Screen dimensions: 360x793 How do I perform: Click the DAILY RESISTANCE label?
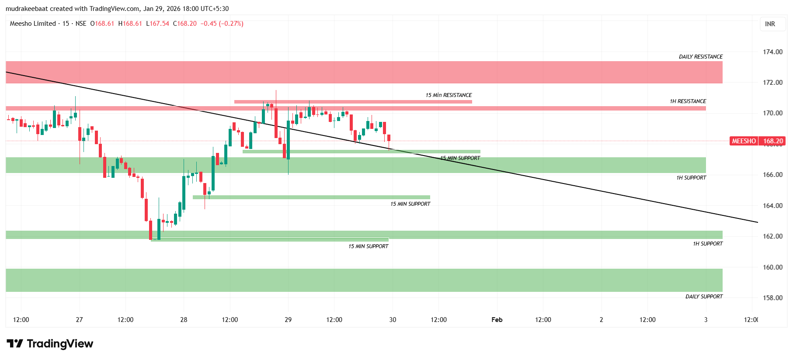pos(700,57)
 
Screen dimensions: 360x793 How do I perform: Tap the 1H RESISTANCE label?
pos(688,101)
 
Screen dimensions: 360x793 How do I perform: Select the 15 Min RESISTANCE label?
pos(449,95)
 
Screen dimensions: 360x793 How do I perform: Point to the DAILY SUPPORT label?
pos(704,297)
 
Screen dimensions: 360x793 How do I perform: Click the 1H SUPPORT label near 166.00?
pos(691,178)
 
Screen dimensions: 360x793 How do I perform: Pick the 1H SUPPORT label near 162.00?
pos(707,244)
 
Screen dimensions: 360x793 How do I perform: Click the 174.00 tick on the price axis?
pos(772,52)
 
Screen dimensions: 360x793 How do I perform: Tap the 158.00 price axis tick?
pos(772,298)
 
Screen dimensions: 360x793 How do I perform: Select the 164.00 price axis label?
pos(772,206)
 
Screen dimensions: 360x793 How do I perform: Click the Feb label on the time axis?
pos(497,320)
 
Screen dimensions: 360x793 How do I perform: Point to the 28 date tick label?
pos(184,320)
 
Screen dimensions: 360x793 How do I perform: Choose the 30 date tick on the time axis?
pos(393,320)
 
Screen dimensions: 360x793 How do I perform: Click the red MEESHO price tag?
pos(757,141)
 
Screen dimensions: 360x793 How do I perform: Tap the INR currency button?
pos(770,24)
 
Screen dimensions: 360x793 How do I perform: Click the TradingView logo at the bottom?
pos(50,344)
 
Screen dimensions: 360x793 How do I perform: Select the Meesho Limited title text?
pos(33,24)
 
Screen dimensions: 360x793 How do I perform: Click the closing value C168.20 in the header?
pos(185,24)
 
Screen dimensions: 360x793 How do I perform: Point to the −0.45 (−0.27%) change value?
pos(222,24)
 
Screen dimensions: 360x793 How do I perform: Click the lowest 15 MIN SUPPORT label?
pos(368,246)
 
